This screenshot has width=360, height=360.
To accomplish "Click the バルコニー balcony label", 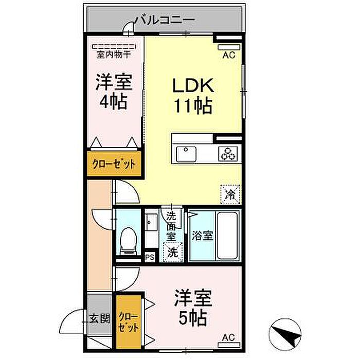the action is (165, 20).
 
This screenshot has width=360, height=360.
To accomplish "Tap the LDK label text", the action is (193, 85).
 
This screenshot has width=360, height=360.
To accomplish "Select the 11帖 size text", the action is (193, 106).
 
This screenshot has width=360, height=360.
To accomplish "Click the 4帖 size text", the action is (114, 102).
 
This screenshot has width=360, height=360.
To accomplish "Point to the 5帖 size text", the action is (193, 318).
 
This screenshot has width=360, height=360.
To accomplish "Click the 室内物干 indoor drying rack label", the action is (114, 55).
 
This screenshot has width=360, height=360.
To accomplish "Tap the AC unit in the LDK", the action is (229, 47).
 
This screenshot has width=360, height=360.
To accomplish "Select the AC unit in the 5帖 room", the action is (229, 345).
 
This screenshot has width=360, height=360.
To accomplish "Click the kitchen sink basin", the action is (186, 154).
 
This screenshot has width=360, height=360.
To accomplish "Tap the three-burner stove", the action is (228, 154).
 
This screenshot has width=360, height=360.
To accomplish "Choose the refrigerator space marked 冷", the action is (230, 194).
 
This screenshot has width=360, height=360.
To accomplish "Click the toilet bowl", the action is (129, 240).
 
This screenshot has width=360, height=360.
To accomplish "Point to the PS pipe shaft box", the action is (150, 257).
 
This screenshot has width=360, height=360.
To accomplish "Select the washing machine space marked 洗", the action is (173, 252).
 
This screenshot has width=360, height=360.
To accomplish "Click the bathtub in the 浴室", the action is (227, 236).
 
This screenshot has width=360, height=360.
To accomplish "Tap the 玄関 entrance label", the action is (99, 319).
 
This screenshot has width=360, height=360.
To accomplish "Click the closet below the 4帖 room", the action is (114, 164).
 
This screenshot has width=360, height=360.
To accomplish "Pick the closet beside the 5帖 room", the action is (129, 322).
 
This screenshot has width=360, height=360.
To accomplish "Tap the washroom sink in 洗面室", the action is (151, 222).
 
